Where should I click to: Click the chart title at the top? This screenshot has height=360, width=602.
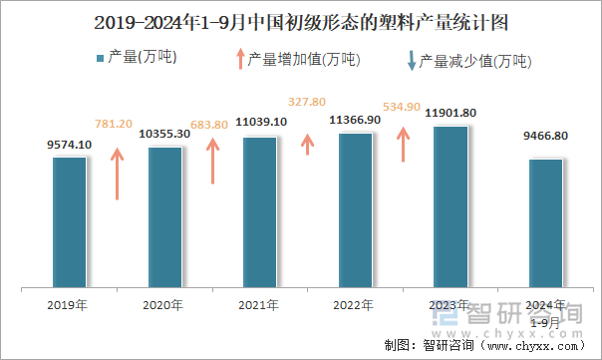pos(300,22)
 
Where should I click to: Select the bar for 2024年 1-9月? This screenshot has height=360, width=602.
pos(546,223)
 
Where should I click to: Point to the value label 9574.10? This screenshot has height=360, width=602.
pos(69,145)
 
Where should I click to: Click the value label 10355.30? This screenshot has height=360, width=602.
pos(164,134)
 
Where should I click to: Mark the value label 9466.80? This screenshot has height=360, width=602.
pos(546,137)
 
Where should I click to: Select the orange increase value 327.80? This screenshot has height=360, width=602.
pos(307,102)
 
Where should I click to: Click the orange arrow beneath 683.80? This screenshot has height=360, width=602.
pos(211,161)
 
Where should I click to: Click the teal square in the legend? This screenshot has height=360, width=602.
pos(100,59)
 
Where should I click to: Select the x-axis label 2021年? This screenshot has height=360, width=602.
pos(259,304)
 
